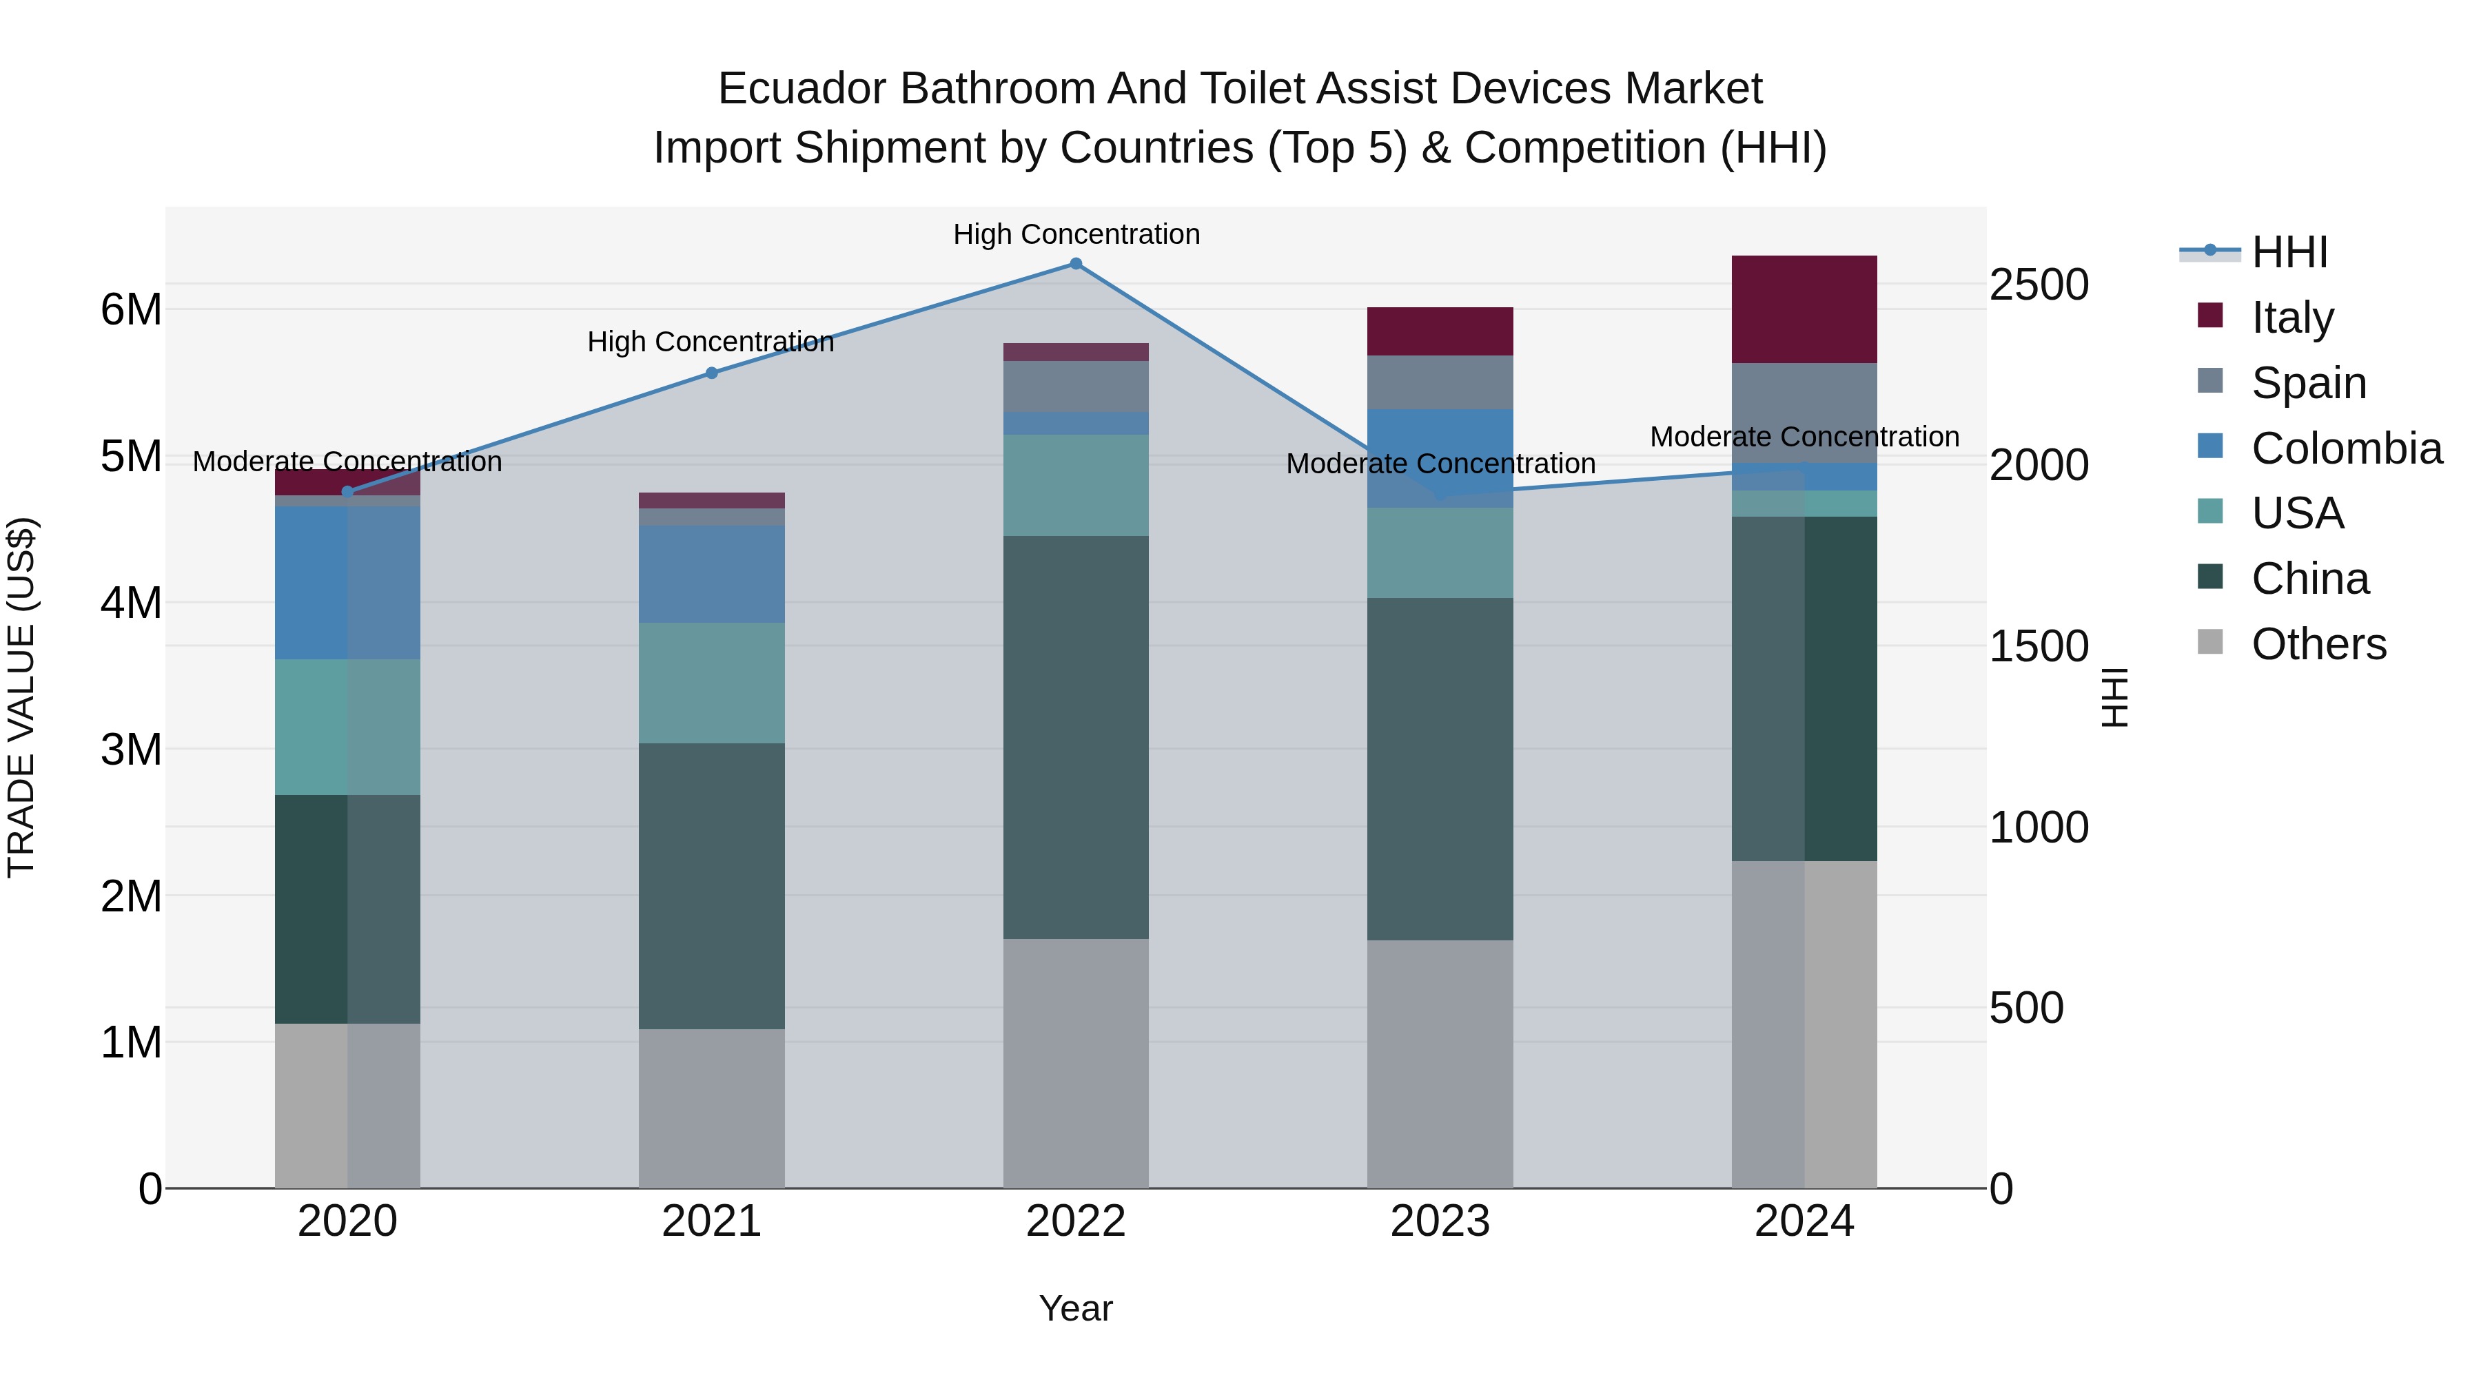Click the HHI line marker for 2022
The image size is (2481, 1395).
[1076, 264]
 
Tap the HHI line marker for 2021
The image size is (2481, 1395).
[712, 373]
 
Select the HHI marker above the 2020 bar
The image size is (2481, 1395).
[348, 492]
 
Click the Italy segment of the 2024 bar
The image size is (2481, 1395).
[1804, 309]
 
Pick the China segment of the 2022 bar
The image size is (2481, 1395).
[1076, 736]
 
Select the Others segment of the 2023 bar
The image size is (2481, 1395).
[1440, 1064]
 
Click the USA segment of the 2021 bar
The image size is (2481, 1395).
[712, 683]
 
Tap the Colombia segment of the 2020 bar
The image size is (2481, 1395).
[348, 582]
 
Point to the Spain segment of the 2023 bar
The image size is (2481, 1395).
[1440, 382]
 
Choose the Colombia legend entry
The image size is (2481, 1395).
[2346, 448]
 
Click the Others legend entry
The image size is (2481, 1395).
[2318, 644]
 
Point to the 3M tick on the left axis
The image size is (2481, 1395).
[131, 749]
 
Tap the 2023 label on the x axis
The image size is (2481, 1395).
[1440, 1221]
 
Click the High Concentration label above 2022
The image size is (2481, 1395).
[1076, 234]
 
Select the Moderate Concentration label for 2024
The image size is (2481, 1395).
[1804, 436]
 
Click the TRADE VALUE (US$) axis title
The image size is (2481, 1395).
[21, 697]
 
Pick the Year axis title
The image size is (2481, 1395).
[1076, 1308]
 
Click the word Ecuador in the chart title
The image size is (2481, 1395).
[802, 89]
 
